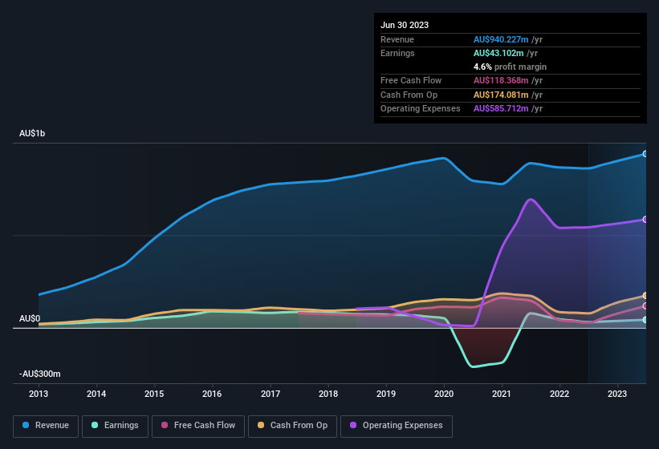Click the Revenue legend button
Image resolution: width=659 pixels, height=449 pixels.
[47, 426]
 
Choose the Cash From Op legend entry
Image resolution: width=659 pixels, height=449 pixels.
[293, 426]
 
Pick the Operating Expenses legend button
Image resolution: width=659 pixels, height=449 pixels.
[397, 426]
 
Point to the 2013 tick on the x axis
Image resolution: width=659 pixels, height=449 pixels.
[39, 394]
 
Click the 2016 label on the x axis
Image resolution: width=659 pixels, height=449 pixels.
[212, 394]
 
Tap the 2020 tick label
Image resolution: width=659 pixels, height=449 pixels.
[444, 394]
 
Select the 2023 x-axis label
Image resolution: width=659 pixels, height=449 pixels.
[617, 394]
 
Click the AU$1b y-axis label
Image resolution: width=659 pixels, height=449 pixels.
[32, 134]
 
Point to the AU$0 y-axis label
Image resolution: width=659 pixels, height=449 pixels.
[30, 318]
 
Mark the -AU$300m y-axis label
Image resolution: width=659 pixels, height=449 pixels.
[40, 374]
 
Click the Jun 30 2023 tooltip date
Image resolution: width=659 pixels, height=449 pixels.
[405, 25]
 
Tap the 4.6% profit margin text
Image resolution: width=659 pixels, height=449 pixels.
[510, 67]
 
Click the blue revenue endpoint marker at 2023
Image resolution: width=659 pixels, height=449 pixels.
[645, 154]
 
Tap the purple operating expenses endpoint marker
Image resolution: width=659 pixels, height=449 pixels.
[645, 220]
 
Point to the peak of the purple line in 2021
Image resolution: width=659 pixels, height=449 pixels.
[530, 200]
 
